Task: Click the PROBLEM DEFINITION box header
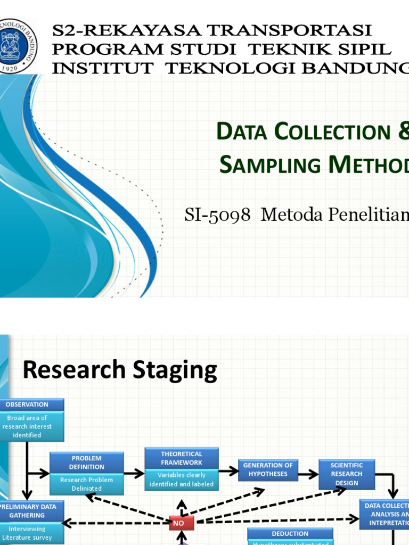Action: (x=87, y=462)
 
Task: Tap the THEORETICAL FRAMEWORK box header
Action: (x=182, y=458)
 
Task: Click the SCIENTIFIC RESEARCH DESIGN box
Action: (x=346, y=474)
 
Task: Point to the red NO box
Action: (x=182, y=523)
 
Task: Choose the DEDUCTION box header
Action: (x=290, y=534)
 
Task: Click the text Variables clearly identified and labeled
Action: (x=182, y=480)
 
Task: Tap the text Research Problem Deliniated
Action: (x=87, y=484)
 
